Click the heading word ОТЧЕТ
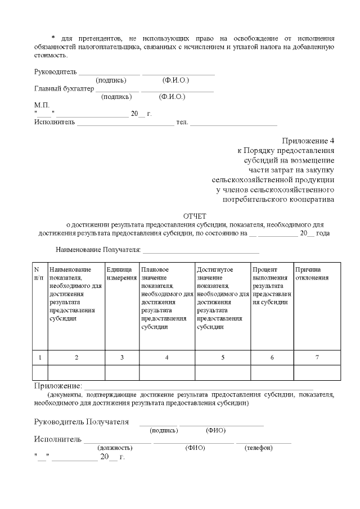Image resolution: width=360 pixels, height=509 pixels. (x=195, y=216)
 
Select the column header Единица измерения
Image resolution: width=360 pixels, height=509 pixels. (x=121, y=274)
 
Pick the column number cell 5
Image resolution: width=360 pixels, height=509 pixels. (x=223, y=357)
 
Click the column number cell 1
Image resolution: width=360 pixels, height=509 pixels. (x=40, y=357)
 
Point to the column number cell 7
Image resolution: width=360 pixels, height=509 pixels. (x=317, y=357)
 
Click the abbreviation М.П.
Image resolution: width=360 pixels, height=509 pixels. (x=42, y=105)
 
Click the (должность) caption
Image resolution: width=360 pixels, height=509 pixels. (x=115, y=448)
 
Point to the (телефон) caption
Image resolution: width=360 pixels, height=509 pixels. (x=259, y=448)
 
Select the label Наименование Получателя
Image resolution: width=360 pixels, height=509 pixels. (x=98, y=249)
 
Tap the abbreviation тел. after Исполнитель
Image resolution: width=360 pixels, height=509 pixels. (x=182, y=122)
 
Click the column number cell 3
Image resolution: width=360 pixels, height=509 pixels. (x=122, y=357)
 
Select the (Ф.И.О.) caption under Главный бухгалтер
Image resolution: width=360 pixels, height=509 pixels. (x=172, y=97)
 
